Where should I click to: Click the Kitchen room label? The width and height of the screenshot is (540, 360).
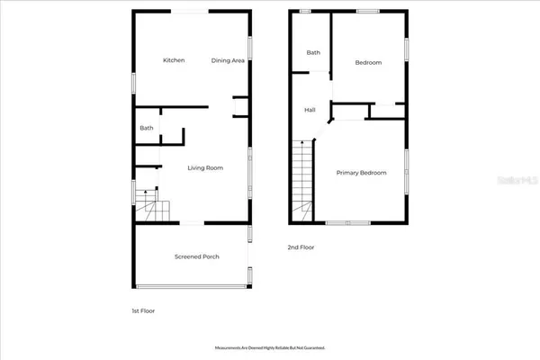tap(174, 60)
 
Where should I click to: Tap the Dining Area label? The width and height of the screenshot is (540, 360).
tap(228, 60)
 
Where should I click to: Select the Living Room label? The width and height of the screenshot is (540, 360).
tap(205, 168)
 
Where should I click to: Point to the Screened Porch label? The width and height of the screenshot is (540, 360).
tap(196, 256)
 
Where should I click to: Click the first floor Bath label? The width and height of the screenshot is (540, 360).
tap(146, 128)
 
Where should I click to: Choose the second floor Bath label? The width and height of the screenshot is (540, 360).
tap(313, 53)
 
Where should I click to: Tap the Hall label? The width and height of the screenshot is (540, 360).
tap(310, 110)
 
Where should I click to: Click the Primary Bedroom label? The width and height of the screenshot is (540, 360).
tap(361, 173)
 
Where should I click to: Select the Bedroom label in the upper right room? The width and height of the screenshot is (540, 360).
tap(368, 63)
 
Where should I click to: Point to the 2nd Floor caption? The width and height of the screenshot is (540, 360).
tap(301, 247)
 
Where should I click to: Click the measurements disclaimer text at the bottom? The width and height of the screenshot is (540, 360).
tap(269, 346)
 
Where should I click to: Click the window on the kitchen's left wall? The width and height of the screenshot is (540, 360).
tap(133, 81)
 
